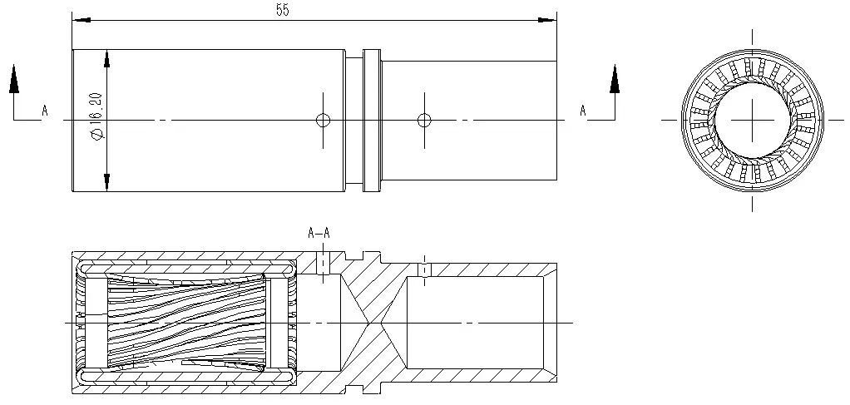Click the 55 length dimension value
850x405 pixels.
point(283,10)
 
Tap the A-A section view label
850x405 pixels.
point(319,233)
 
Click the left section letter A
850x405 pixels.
point(45,111)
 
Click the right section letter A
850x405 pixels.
point(583,111)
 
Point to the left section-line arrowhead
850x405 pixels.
point(14,79)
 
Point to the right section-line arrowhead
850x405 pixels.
point(614,79)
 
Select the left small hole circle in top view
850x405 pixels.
point(323,120)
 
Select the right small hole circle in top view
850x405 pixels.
point(424,120)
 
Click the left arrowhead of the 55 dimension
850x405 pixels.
point(82,20)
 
